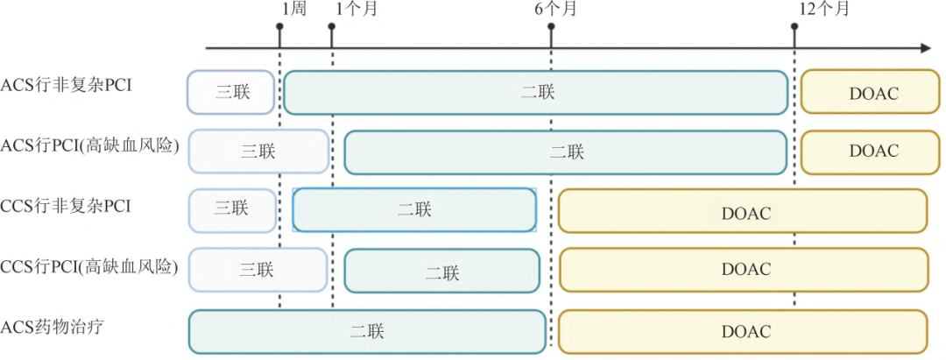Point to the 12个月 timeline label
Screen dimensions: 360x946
tap(824, 10)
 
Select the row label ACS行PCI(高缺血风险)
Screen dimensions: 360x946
tap(90, 145)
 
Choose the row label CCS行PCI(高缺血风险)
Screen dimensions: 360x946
tap(90, 266)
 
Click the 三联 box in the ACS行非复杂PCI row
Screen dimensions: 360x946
tap(231, 92)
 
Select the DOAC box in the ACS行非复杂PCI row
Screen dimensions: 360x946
tap(873, 92)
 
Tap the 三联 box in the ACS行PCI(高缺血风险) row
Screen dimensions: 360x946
tap(259, 152)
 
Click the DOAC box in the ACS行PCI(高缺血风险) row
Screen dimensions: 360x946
tap(873, 152)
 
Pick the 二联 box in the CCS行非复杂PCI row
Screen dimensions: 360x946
tap(414, 210)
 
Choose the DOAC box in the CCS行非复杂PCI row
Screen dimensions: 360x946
tap(743, 211)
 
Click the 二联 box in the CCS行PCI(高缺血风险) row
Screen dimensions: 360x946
tap(442, 271)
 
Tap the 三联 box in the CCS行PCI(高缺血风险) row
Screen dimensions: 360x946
tap(259, 270)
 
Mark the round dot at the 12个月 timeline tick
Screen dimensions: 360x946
tap(794, 26)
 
